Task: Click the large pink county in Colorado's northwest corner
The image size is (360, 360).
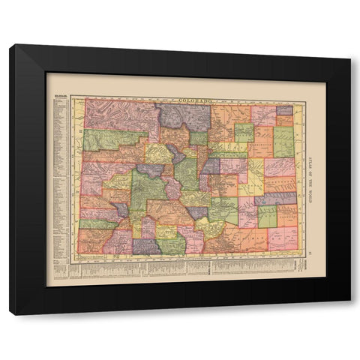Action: point(118,115)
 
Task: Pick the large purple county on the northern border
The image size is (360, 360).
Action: point(184,116)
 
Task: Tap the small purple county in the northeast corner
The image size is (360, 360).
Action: point(284,109)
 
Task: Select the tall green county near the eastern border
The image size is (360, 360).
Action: point(283,141)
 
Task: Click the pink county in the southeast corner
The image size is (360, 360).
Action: point(283,238)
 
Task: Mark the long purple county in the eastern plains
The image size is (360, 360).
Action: point(274,199)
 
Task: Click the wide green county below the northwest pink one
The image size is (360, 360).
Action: point(112,139)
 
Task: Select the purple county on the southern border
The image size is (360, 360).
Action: point(146,246)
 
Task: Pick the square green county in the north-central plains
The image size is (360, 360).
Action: point(244,133)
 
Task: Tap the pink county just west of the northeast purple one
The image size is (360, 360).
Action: point(263,115)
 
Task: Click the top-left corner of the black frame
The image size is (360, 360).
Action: point(10,45)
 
